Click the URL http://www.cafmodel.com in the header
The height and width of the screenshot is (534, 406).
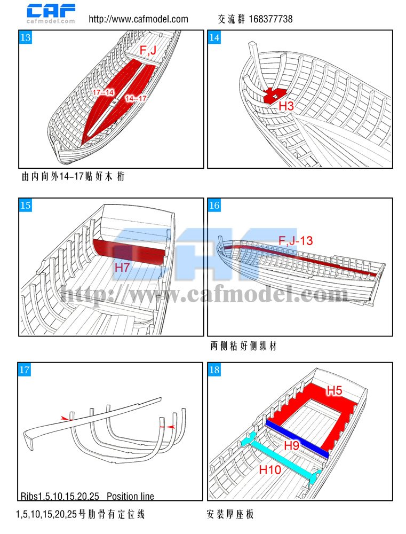(x=139, y=19)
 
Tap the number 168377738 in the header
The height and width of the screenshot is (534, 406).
(x=270, y=19)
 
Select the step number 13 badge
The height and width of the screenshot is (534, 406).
(x=26, y=37)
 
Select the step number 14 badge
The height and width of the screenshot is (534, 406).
(x=214, y=37)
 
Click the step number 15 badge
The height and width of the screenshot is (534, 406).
(x=26, y=205)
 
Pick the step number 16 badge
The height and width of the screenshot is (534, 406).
(x=214, y=205)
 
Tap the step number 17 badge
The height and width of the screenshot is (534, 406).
(x=25, y=370)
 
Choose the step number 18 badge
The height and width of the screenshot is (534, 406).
(x=214, y=370)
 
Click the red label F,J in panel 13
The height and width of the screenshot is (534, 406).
(x=148, y=50)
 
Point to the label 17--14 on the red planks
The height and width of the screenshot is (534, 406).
(x=103, y=92)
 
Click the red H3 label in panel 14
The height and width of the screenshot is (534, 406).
(x=286, y=106)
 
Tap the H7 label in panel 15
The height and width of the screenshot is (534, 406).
(x=122, y=268)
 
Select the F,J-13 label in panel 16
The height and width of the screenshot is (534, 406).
(x=296, y=241)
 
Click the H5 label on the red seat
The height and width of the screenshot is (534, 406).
(x=334, y=390)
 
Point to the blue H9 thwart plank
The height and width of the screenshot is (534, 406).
(x=297, y=438)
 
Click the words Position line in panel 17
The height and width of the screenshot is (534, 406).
(x=130, y=496)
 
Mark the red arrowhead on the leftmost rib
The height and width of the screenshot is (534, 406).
(x=65, y=418)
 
